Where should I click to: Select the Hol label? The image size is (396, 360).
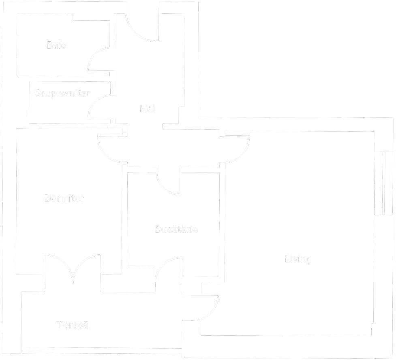(147, 109)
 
